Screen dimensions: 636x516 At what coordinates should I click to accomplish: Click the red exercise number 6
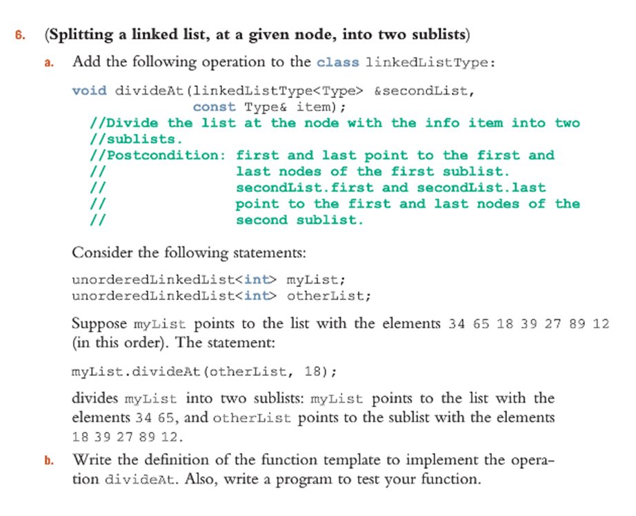pyautogui.click(x=20, y=35)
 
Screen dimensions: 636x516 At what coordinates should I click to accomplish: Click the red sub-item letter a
pyautogui.click(x=49, y=63)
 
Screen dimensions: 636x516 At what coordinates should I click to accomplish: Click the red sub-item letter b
pyautogui.click(x=49, y=460)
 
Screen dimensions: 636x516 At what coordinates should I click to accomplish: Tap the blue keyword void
pyautogui.click(x=90, y=90)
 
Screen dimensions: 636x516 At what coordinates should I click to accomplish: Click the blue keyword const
pyautogui.click(x=214, y=107)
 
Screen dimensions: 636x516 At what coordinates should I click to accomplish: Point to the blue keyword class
pyautogui.click(x=338, y=62)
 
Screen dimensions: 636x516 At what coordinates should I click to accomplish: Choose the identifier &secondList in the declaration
pyautogui.click(x=424, y=90)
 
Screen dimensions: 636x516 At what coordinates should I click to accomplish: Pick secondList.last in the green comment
pyautogui.click(x=481, y=188)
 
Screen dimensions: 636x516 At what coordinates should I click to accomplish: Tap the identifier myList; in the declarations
pyautogui.click(x=316, y=279)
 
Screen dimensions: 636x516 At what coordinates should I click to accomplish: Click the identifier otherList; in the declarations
pyautogui.click(x=329, y=296)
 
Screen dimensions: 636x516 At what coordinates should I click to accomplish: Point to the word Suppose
pyautogui.click(x=99, y=324)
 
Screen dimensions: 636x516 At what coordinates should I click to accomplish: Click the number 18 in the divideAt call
pyautogui.click(x=312, y=372)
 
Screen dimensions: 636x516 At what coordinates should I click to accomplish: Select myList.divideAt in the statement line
pyautogui.click(x=137, y=372)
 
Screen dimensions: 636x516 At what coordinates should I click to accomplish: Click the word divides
pyautogui.click(x=95, y=398)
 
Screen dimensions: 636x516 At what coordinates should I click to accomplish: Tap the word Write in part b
pyautogui.click(x=92, y=459)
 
